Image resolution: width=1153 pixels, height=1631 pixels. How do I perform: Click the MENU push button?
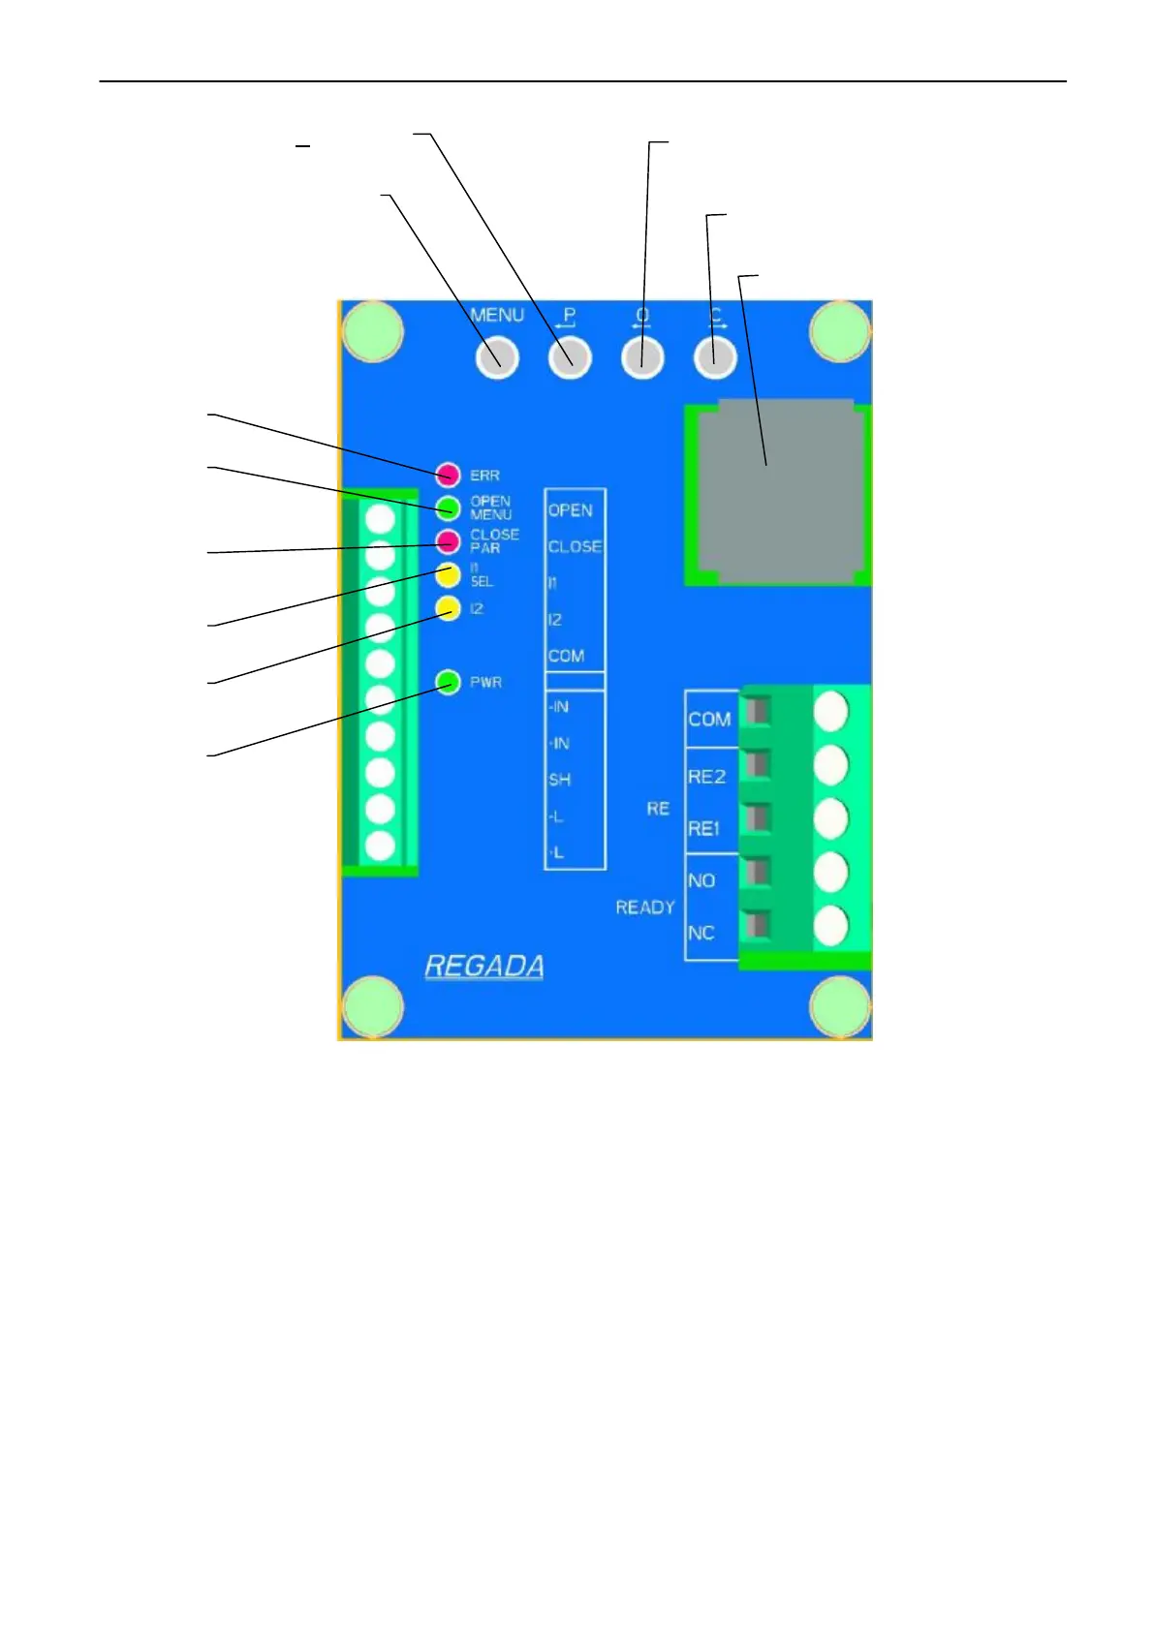point(497,358)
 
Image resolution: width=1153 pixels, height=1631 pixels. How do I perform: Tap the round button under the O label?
point(642,358)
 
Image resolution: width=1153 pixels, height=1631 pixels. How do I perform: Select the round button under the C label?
point(715,358)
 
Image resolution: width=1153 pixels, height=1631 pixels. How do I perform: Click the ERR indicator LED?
point(448,475)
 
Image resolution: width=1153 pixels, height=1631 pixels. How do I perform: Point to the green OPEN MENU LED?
point(448,508)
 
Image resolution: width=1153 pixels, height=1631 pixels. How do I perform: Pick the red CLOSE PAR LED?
point(448,540)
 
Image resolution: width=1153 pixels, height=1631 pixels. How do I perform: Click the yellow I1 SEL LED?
point(448,574)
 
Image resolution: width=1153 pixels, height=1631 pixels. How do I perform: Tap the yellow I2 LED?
point(448,608)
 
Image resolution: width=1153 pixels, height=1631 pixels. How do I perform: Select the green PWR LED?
point(448,683)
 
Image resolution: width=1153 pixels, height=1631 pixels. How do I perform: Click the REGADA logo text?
point(484,967)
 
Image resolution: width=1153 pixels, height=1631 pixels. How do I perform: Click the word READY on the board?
point(644,908)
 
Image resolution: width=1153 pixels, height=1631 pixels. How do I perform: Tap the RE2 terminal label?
point(706,777)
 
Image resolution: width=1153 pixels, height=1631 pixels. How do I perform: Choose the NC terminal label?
point(701,933)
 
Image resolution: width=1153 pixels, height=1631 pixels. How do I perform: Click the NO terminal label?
point(701,880)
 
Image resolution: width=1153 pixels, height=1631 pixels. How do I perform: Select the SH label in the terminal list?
point(559,780)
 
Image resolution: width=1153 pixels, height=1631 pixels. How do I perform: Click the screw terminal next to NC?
point(830,926)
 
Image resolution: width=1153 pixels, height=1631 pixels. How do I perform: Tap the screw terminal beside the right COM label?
point(830,712)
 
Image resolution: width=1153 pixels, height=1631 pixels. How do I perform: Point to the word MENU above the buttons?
point(497,316)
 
